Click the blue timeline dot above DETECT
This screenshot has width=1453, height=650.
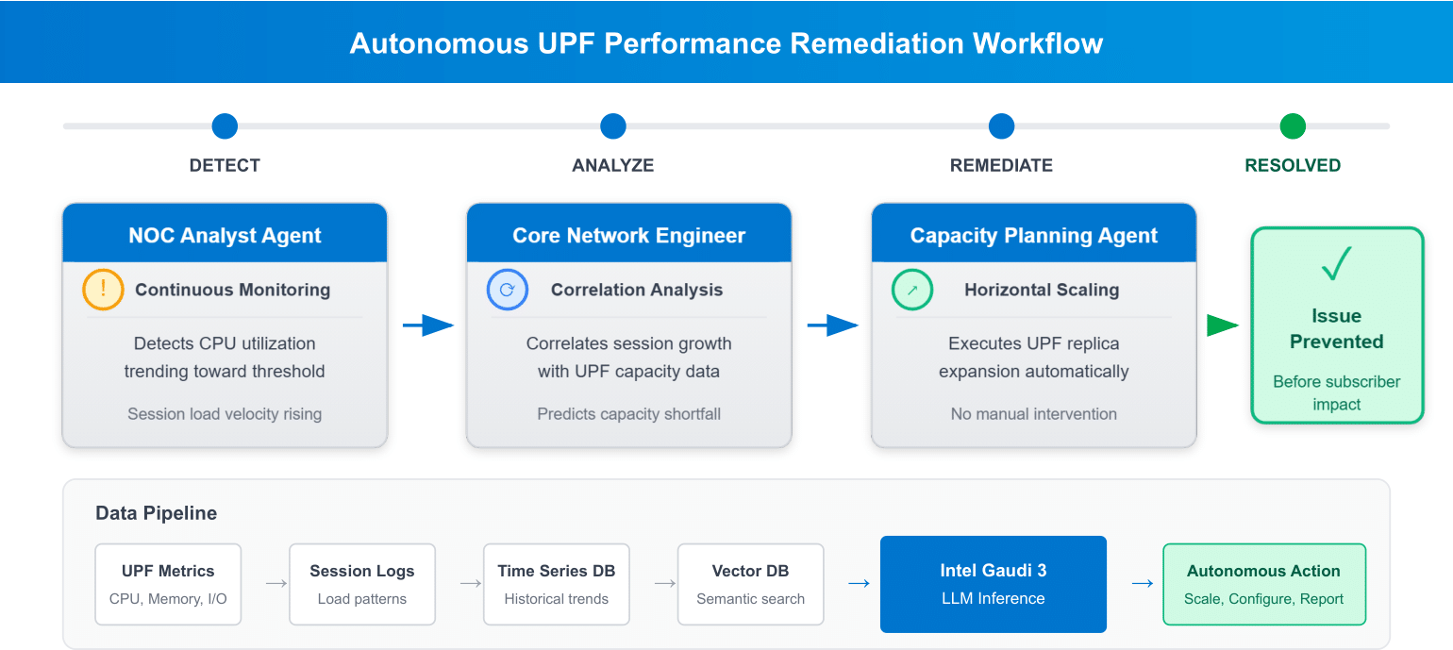coord(225,126)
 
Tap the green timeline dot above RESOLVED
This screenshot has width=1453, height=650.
coord(1293,126)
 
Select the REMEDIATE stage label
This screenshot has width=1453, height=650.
coord(1001,165)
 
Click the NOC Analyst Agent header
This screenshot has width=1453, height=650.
coord(225,235)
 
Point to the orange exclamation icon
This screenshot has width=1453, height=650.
coord(103,290)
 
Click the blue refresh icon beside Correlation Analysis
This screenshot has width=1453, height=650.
coord(507,290)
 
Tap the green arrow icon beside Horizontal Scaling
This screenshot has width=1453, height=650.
coord(911,290)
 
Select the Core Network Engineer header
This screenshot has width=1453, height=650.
coord(628,235)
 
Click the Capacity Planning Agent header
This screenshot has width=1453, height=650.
coord(1033,235)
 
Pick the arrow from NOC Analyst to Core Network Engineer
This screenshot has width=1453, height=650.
coord(427,326)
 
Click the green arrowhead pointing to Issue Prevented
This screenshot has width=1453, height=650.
coord(1223,326)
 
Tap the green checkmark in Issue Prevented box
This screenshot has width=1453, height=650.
coord(1336,266)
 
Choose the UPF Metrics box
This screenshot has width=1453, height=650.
coord(168,584)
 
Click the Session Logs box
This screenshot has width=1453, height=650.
coord(362,584)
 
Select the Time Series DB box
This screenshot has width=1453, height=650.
coord(557,584)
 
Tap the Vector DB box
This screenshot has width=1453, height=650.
coord(751,584)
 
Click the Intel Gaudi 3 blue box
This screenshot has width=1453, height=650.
coord(993,584)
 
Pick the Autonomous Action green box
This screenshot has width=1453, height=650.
coord(1263,584)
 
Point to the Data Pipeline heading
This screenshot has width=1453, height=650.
coord(157,513)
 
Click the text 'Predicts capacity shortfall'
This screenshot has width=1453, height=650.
coord(628,414)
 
